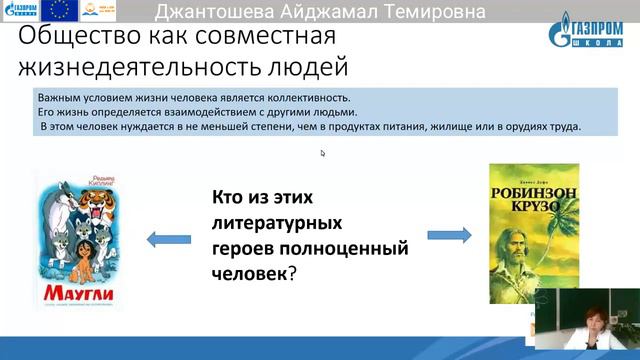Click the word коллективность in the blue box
point(300,99)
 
